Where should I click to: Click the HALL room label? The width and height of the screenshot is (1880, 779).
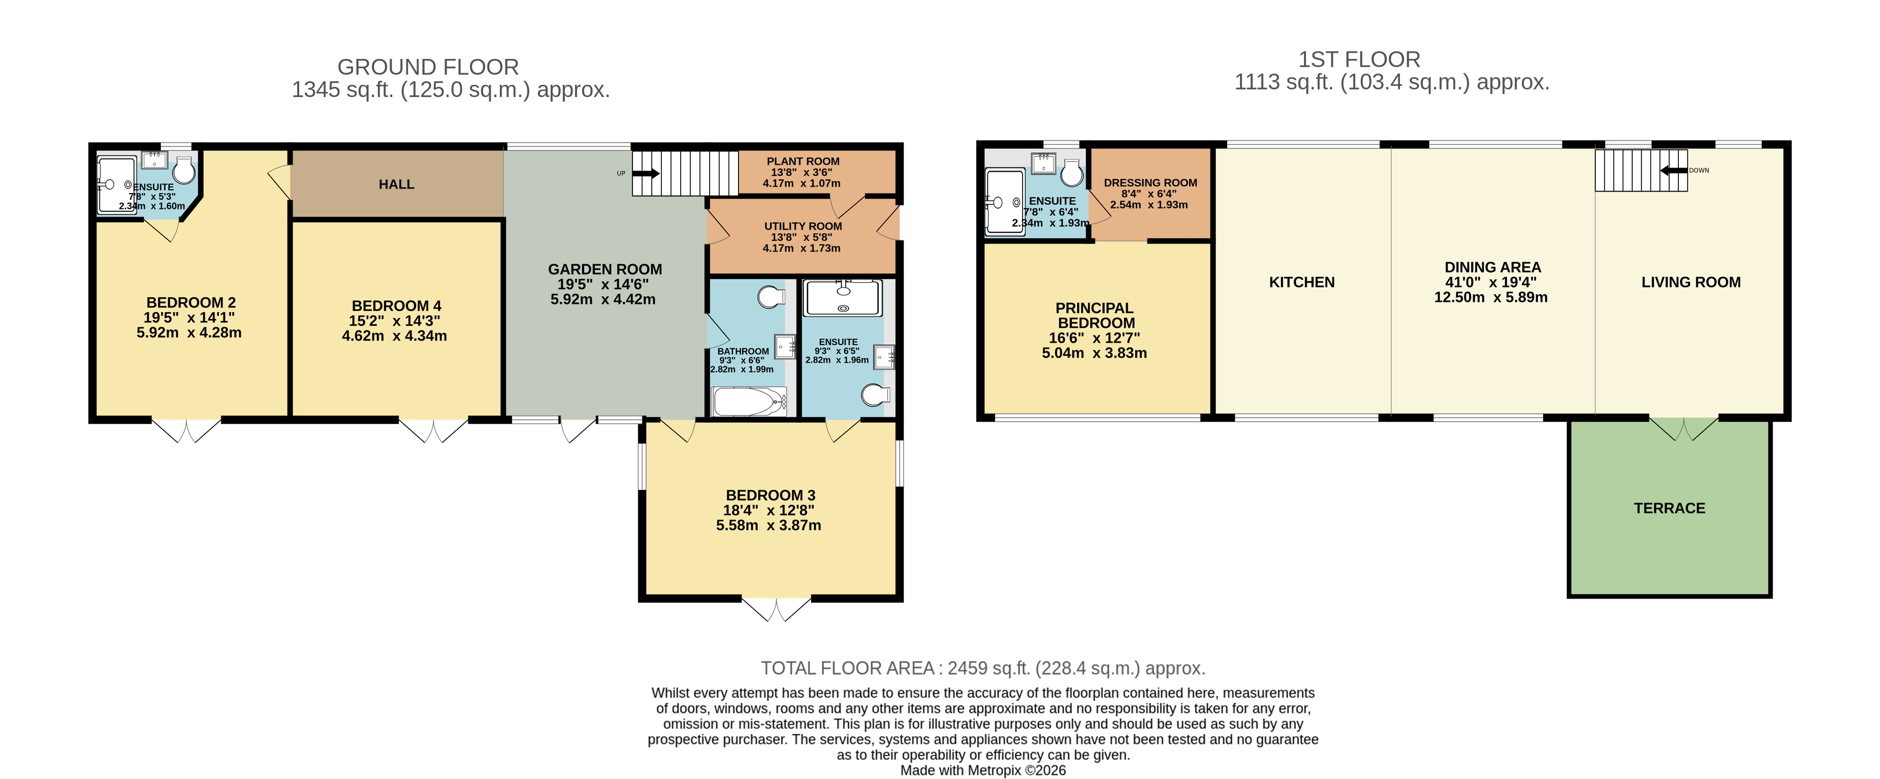coord(396,184)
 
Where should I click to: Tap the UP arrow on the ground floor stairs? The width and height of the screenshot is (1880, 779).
coord(645,174)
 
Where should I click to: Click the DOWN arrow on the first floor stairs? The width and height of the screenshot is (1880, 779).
coord(1673,171)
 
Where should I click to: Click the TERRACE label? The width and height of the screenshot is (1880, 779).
coord(1669,508)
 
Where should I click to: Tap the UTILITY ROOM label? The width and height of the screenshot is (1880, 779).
coord(803,226)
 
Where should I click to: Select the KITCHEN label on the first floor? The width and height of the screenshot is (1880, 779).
coord(1301,283)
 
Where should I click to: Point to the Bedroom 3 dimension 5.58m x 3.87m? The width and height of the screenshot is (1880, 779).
coord(769,525)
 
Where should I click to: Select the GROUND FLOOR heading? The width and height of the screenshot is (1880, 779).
coord(428,67)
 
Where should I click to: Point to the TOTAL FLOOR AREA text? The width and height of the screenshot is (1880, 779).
coord(982,668)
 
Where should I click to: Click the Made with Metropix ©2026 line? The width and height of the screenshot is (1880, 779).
coord(982,770)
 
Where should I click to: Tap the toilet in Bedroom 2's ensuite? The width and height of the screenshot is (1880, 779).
coord(184,170)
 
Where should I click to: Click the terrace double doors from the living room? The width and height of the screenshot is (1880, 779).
coord(1684,428)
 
